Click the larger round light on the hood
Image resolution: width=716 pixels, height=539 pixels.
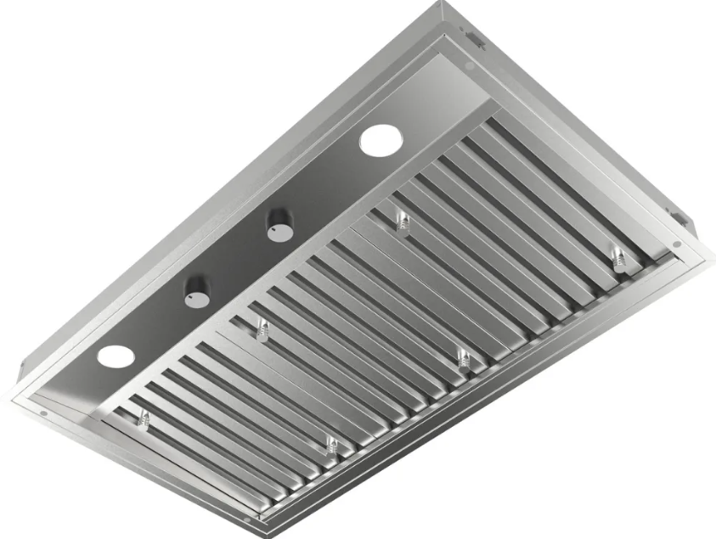tap(379, 140)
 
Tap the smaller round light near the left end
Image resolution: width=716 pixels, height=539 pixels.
tap(116, 357)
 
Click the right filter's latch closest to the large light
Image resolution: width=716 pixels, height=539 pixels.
tap(403, 223)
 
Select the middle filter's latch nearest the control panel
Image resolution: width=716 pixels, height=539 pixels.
tap(262, 331)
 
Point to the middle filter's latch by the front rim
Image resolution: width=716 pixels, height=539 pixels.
tap(464, 357)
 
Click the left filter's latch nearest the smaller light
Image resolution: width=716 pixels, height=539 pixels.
tap(144, 418)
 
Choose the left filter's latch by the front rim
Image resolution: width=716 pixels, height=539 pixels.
tap(331, 444)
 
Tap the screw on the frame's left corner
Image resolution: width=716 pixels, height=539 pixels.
tap(43, 413)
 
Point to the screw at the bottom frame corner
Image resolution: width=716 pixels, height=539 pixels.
tap(247, 519)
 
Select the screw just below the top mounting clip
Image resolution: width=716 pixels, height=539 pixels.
tap(470, 66)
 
